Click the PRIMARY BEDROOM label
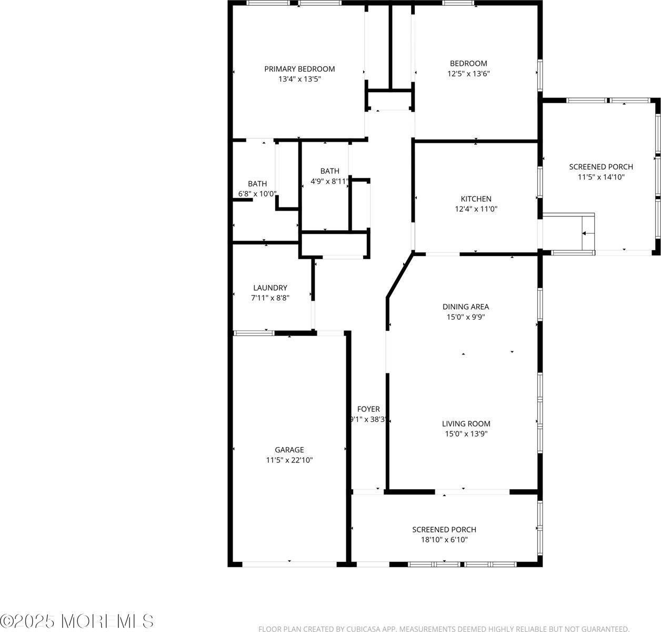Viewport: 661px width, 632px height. (x=299, y=69)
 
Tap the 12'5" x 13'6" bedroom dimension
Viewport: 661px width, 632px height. (x=468, y=74)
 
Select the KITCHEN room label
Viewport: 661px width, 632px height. (x=476, y=199)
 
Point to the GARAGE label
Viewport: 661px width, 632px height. (x=289, y=450)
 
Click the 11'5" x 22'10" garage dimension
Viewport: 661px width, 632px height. (x=289, y=460)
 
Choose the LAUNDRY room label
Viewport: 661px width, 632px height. (x=270, y=288)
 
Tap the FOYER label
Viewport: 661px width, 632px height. (x=368, y=409)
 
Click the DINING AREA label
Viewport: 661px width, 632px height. (x=466, y=307)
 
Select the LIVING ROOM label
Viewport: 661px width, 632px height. (x=466, y=424)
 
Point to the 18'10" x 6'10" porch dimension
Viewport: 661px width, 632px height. (x=444, y=540)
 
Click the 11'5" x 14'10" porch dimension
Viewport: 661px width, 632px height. (x=601, y=177)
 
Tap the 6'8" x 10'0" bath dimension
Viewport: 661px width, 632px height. (x=257, y=194)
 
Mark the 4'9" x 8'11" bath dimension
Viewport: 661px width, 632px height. (x=330, y=182)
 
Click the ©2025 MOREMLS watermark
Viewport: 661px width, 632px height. (x=77, y=621)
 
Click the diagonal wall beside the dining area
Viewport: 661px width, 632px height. (x=400, y=275)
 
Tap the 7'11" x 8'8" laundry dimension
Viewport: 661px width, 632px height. (x=270, y=298)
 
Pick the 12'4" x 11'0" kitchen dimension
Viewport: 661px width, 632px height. (x=476, y=209)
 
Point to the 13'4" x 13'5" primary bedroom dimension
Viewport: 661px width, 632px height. (x=299, y=79)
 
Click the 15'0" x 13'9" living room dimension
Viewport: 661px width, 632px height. (x=466, y=434)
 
